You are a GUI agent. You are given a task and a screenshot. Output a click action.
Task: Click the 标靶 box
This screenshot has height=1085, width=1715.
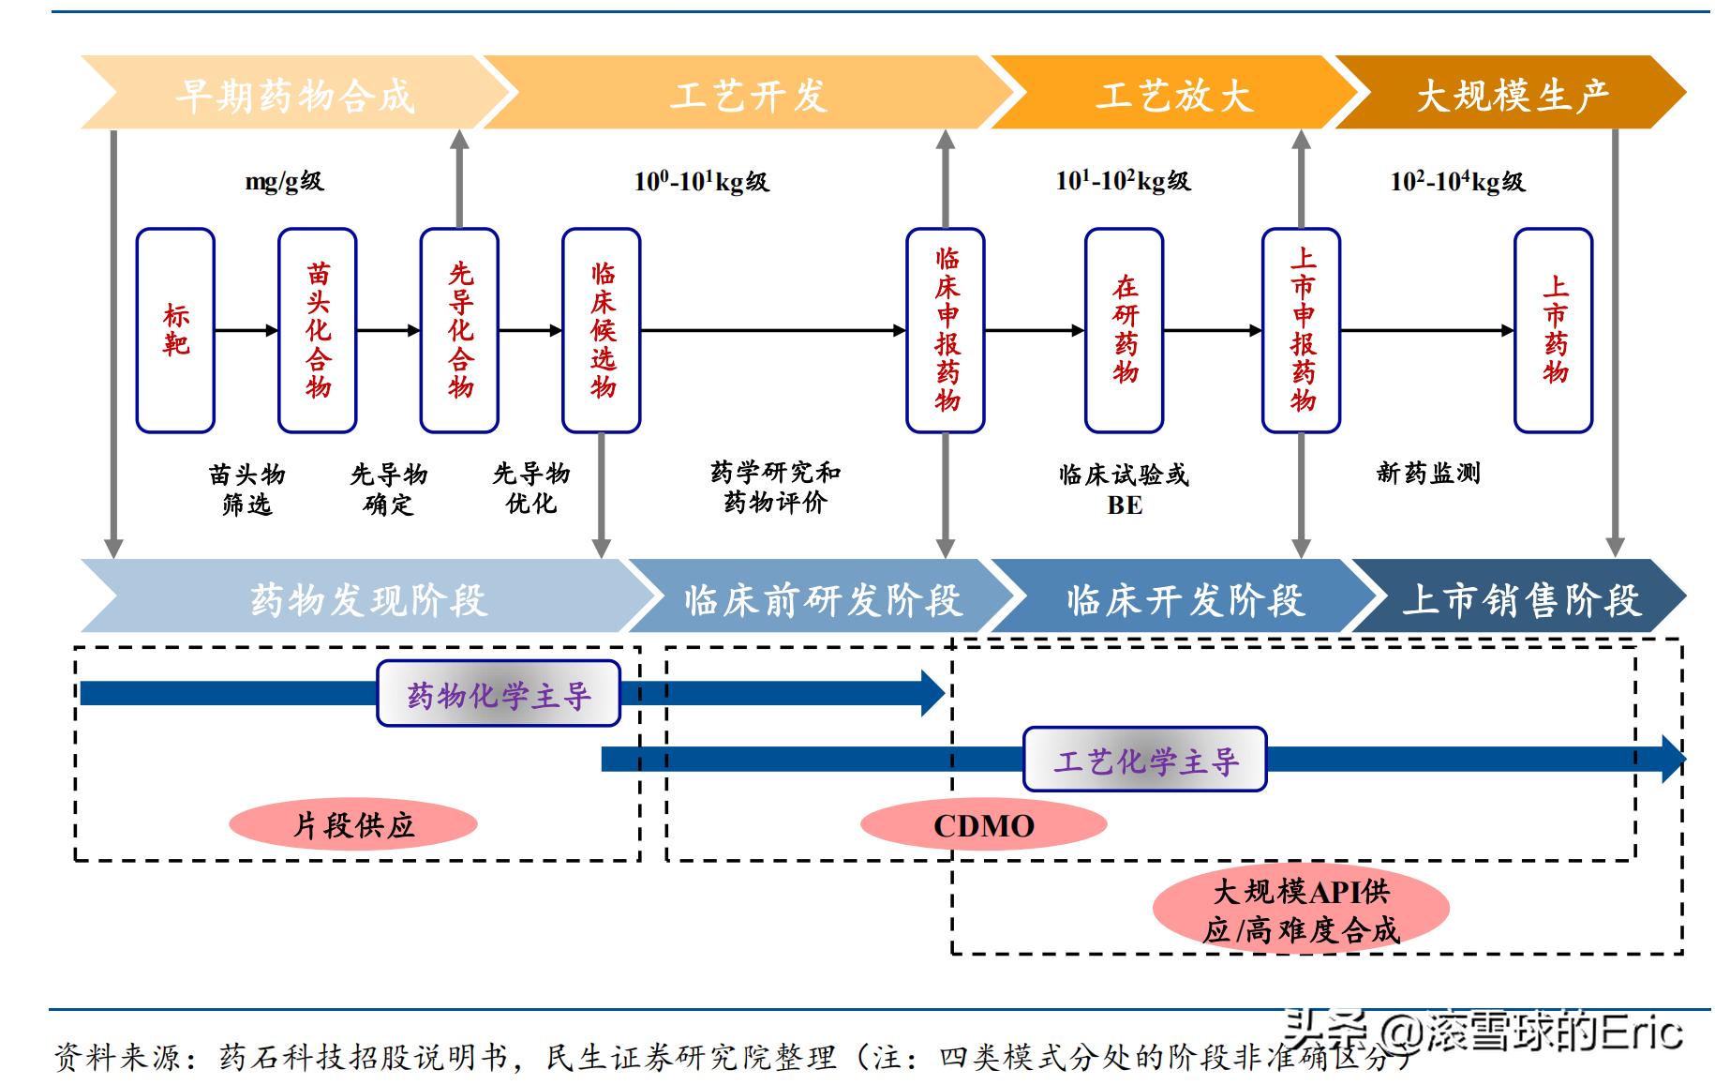(175, 330)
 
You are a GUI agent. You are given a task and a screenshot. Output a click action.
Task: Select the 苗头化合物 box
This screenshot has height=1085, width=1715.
(318, 330)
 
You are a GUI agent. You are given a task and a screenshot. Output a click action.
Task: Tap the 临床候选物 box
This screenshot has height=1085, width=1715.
(602, 330)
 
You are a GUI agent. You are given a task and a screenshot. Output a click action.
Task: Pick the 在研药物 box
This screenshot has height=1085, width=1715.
(1124, 330)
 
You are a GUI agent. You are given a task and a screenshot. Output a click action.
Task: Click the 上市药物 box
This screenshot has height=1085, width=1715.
(1553, 330)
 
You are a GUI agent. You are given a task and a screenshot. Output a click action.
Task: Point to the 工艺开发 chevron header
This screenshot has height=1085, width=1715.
(748, 94)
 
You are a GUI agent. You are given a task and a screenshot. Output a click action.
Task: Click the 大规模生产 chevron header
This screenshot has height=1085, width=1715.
(1511, 94)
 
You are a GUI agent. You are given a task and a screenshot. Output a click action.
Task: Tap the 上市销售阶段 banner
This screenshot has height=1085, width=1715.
(1520, 597)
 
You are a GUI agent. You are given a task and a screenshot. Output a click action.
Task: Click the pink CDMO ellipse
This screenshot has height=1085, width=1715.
(983, 825)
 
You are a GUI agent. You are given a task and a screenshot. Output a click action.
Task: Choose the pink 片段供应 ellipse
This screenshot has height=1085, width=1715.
(353, 825)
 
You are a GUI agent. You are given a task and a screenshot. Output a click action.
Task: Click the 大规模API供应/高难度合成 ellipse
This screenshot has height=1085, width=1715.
(1301, 909)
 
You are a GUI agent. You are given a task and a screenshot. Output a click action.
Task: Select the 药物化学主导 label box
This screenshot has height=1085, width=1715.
(499, 694)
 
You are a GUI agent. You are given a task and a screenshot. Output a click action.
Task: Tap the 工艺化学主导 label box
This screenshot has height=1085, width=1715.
(1144, 760)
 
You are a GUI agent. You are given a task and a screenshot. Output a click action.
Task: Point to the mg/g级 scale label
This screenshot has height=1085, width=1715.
(284, 181)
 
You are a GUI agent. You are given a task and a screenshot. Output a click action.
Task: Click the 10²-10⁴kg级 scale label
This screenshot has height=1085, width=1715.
(1457, 181)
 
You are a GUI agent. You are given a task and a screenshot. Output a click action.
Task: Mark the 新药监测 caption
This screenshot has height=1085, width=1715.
(1427, 473)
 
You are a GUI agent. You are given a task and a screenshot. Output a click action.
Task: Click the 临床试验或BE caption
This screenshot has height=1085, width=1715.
(1124, 489)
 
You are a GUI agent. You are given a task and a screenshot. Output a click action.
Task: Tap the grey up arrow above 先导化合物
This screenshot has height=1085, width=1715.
(459, 178)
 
